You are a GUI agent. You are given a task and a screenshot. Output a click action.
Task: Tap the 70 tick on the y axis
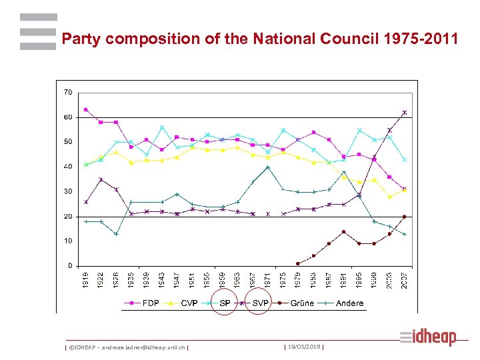tap(68, 92)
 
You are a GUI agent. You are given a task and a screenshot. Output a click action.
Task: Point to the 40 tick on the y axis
tap(68, 167)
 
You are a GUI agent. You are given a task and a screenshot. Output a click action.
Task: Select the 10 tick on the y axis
tap(68, 241)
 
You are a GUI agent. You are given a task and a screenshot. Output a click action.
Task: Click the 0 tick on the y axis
tap(70, 265)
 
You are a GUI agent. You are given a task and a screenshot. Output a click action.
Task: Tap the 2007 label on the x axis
tap(405, 281)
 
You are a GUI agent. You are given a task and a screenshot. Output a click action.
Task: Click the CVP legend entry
tap(189, 303)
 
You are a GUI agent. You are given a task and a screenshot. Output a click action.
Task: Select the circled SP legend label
tap(225, 303)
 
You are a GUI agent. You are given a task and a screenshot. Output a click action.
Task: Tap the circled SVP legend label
tap(260, 303)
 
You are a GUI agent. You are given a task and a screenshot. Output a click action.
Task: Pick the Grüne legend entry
tap(302, 303)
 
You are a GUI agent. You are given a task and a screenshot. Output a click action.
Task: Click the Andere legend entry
tap(350, 303)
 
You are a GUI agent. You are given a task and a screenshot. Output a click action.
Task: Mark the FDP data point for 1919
tap(85, 109)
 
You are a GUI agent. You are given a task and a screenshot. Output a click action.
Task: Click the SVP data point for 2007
tap(405, 112)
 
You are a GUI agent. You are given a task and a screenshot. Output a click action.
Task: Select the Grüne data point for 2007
tap(405, 217)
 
